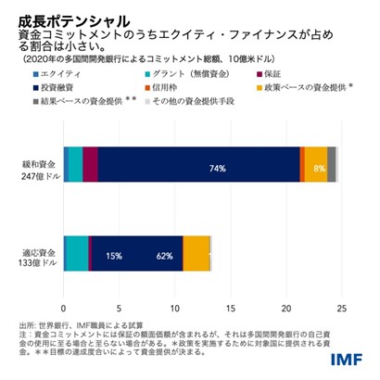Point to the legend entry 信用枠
point(177,86)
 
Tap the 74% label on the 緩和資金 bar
point(218,169)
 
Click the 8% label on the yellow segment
point(319,169)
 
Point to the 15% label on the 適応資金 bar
point(114,255)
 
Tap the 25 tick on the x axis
point(342,309)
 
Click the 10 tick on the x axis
point(175,309)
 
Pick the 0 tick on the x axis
point(64,309)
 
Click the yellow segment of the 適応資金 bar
point(196,254)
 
